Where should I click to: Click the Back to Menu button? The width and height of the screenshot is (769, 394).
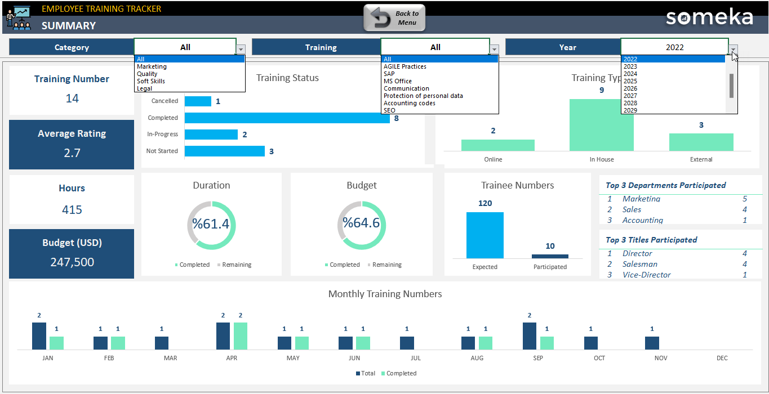[394, 18]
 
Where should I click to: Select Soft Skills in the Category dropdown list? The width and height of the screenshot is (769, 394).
[150, 81]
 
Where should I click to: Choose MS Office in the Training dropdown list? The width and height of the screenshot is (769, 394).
[398, 81]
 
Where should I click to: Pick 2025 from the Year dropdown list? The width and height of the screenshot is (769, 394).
[630, 81]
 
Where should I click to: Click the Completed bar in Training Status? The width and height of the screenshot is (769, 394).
[287, 118]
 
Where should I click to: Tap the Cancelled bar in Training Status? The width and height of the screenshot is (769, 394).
[198, 101]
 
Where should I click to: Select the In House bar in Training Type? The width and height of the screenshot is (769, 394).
[601, 125]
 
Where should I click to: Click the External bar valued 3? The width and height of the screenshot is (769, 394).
[701, 142]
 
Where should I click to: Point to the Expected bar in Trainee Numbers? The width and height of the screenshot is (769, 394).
[484, 235]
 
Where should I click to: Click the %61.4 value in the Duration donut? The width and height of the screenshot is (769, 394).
[211, 224]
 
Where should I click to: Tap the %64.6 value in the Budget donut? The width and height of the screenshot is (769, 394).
[361, 223]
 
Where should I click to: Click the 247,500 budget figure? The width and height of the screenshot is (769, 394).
[72, 262]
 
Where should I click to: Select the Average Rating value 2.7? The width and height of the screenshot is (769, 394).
[72, 153]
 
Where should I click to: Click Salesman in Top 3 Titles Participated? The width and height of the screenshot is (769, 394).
[639, 264]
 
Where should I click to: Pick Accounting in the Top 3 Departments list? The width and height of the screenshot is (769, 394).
[642, 220]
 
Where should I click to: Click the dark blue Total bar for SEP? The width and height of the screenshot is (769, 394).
[529, 336]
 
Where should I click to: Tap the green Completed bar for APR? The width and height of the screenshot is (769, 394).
[241, 336]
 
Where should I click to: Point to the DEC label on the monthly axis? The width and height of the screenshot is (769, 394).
[722, 358]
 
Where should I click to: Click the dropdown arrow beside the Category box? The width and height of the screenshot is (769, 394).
[241, 49]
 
